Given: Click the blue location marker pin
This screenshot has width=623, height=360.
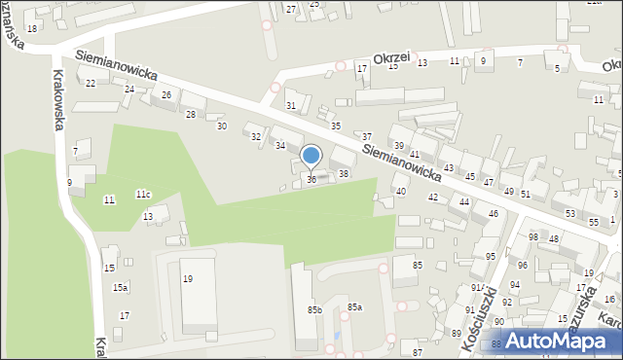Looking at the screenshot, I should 311,156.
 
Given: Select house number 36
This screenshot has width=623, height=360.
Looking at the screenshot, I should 311,179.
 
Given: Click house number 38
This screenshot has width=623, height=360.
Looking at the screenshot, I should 343,174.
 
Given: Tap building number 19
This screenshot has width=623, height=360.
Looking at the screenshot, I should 188,279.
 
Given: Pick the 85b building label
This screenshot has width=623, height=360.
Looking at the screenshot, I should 314,309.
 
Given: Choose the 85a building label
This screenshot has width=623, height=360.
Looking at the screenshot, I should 355,306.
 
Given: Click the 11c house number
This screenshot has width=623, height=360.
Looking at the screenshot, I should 143,195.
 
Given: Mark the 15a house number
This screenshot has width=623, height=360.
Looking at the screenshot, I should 120,287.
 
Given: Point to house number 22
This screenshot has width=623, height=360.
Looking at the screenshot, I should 91,84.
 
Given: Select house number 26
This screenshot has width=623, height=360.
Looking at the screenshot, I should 166,94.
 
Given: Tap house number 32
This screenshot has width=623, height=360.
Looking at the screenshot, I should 256,137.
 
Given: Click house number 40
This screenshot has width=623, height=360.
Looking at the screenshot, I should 401,192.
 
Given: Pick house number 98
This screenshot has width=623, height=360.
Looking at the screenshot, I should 532,237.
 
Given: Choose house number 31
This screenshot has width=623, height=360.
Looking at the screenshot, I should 290,105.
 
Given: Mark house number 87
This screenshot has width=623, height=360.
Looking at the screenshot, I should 418,351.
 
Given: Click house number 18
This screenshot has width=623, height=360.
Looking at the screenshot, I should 32,29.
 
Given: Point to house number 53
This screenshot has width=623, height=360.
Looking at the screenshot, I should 569,213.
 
